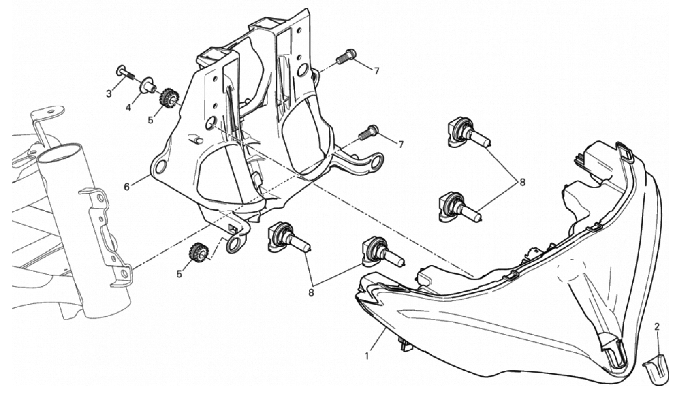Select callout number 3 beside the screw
[109, 94]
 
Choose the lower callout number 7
[401, 145]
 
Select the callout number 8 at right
[522, 182]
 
